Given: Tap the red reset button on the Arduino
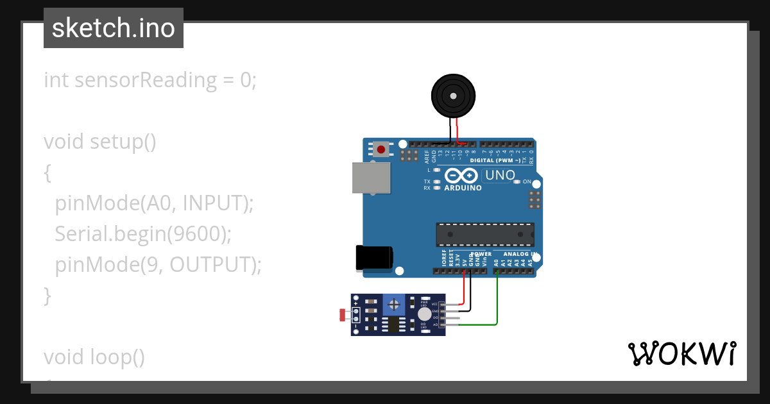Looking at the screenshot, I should point(381,150).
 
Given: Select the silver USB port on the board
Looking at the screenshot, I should point(371,178).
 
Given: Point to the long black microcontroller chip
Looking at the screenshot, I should point(484,235).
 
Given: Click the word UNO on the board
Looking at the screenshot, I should point(500,175).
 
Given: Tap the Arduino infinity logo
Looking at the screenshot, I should point(461,176).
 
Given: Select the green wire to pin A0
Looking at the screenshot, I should point(498,301).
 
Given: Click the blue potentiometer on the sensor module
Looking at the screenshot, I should point(395,303).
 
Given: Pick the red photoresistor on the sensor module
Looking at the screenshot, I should point(342,315).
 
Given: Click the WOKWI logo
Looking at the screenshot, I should point(681,353).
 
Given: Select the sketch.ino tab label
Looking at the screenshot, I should point(114,28).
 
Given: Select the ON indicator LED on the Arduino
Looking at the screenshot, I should point(517,182).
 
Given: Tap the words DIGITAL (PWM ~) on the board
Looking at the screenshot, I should point(495,160).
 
